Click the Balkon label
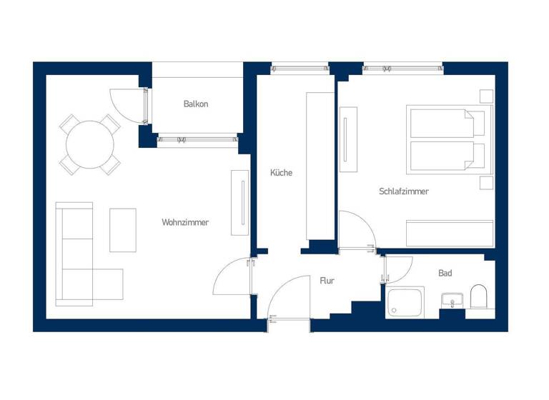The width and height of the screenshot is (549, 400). click(x=196, y=104)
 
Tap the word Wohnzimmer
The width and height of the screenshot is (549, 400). click(x=185, y=223)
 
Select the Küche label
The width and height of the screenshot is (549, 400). click(x=281, y=173)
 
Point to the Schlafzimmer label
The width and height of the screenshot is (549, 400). click(x=404, y=191)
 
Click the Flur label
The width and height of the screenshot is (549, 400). click(x=327, y=281)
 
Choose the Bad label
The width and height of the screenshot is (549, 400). click(x=445, y=274)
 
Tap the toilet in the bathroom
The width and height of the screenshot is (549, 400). click(x=478, y=297)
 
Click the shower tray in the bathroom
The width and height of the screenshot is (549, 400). click(x=405, y=302)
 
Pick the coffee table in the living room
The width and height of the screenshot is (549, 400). click(x=122, y=230)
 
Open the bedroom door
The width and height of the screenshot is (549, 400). click(x=357, y=230)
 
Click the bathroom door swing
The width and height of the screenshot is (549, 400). click(x=397, y=269)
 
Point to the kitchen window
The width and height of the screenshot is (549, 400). click(x=299, y=70)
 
